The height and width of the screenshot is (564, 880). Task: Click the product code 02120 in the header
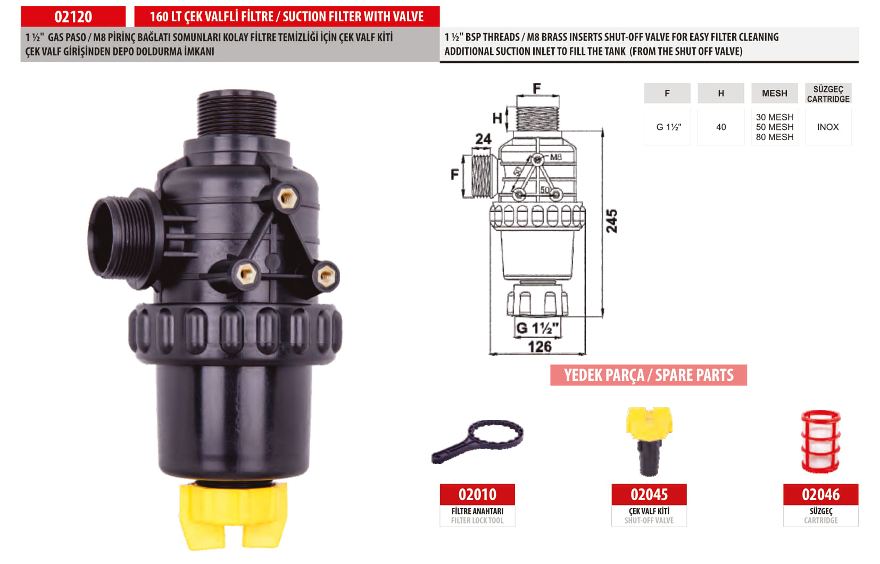coord(73,17)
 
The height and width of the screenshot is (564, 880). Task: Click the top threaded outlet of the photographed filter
coord(237,113)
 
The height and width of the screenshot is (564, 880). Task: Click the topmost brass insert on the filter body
coord(288,198)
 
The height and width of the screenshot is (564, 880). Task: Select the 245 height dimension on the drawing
coord(612,221)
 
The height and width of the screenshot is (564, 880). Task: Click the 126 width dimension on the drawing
coord(539,347)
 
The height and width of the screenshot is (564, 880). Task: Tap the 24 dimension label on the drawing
coord(483,139)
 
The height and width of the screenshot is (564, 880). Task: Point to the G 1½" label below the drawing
coord(537,328)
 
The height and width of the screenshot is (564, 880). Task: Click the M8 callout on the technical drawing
coord(555,157)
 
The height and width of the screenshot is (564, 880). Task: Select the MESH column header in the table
coord(774,93)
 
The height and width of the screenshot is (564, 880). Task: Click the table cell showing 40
coord(721,127)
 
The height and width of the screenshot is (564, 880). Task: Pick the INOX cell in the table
coord(828,127)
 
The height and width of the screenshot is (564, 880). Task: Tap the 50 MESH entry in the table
coord(775,127)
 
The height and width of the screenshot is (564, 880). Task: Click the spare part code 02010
coord(477,494)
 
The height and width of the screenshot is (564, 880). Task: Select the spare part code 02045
coord(649,494)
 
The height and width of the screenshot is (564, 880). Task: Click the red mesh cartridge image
coord(821,441)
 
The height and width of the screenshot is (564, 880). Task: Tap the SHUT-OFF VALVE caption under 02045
coord(649,520)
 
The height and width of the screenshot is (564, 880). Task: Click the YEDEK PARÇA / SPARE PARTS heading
coord(649,375)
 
